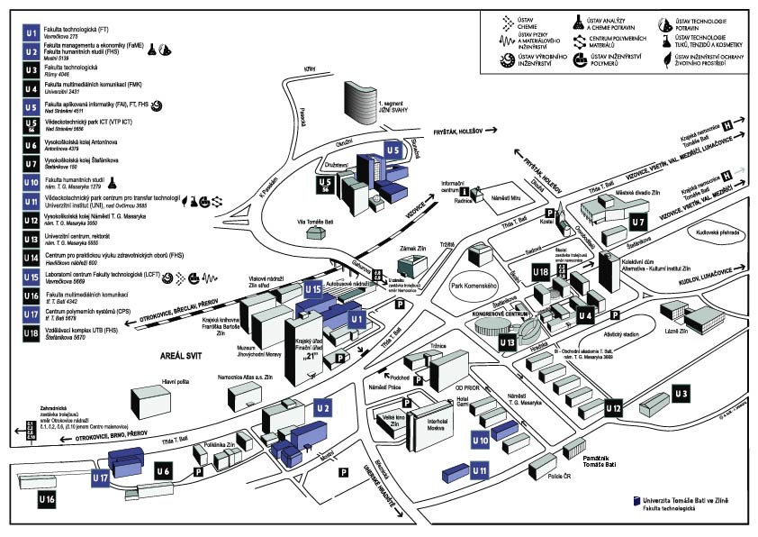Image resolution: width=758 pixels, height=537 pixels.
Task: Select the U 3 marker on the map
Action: pyautogui.click(x=681, y=394)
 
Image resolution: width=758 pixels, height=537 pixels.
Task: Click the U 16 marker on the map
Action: pyautogui.click(x=47, y=498)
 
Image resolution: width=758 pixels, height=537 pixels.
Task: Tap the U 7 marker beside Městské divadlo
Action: pyautogui.click(x=638, y=220)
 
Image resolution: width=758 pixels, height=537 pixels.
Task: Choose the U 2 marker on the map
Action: pyautogui.click(x=323, y=409)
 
